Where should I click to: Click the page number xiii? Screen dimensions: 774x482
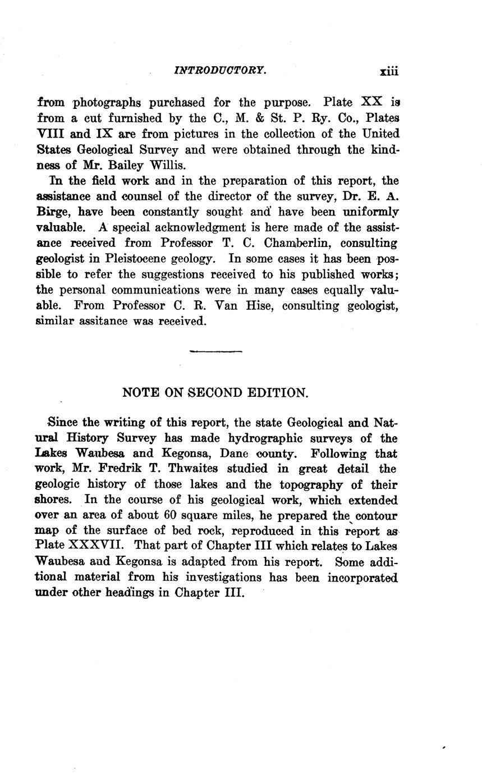point(388,71)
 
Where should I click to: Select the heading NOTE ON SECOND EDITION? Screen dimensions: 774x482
point(215,393)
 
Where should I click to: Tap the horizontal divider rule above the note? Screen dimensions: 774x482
point(215,352)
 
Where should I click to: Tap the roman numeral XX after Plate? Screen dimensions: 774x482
point(371,103)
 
